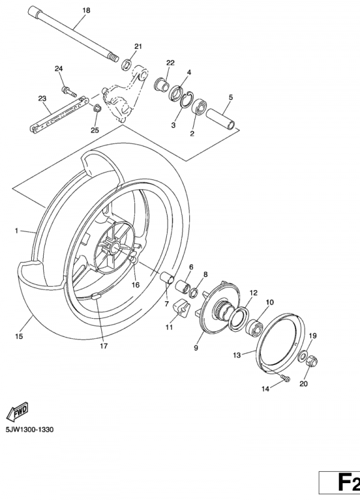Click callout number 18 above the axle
tap(86, 11)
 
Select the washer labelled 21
tap(127, 63)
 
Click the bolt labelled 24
tap(66, 91)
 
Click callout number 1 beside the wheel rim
tap(17, 231)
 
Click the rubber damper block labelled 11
tap(181, 308)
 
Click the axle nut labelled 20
tap(313, 361)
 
